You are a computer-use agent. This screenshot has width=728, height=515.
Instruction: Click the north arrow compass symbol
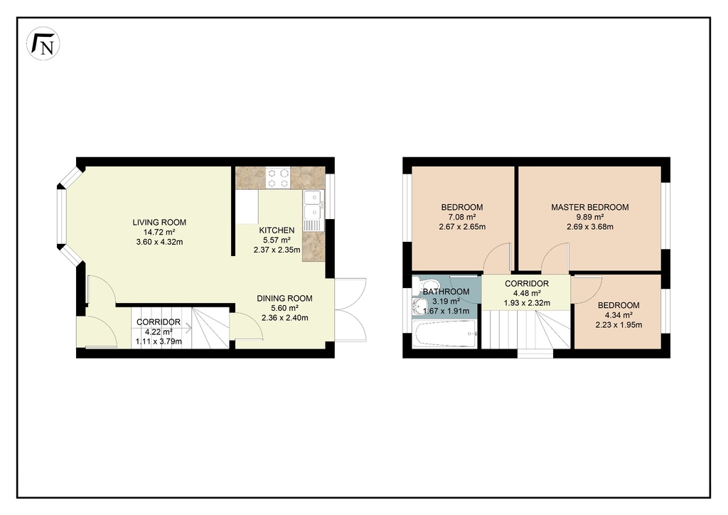click(x=43, y=43)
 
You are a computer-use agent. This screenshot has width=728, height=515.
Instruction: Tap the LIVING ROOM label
click(x=159, y=223)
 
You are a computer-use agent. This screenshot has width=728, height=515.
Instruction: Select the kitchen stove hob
click(x=278, y=179)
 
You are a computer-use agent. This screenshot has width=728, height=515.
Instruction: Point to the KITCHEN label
click(x=277, y=230)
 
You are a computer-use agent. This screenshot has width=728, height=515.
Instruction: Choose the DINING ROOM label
click(x=284, y=298)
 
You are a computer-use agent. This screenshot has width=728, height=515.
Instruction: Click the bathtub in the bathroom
click(x=445, y=334)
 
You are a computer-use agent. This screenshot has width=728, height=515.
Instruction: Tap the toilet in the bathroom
click(x=425, y=284)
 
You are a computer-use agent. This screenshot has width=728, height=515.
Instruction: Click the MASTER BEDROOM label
click(x=590, y=207)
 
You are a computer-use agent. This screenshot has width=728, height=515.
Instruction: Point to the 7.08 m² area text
click(x=462, y=217)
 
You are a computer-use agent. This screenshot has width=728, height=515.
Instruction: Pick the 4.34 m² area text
click(x=619, y=315)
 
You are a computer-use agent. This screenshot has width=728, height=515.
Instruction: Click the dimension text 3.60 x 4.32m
click(x=159, y=242)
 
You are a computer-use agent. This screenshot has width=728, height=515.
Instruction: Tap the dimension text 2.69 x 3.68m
click(x=590, y=227)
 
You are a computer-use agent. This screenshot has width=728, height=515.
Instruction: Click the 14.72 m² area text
click(x=159, y=232)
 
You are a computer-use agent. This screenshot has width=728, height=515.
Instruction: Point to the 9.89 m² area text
click(x=590, y=217)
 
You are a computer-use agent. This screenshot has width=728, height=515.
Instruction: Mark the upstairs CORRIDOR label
click(x=527, y=283)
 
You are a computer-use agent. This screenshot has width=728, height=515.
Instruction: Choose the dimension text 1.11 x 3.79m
click(x=159, y=341)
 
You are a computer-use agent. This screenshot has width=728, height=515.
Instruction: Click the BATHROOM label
click(x=446, y=292)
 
